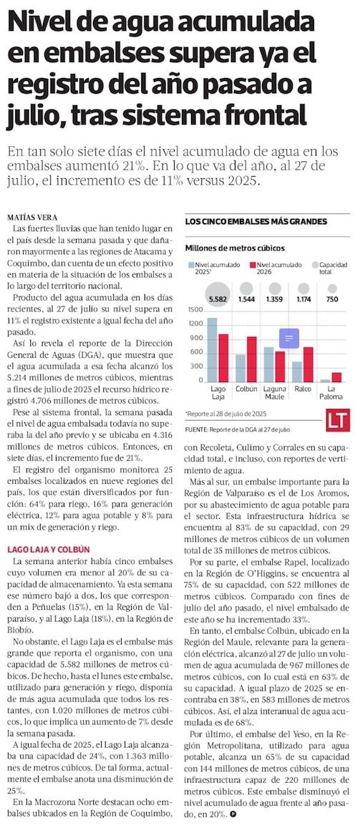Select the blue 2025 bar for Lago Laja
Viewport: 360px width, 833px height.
212,349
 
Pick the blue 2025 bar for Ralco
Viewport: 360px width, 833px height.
297,371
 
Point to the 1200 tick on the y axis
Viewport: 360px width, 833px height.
195,323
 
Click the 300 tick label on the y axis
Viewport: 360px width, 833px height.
196,366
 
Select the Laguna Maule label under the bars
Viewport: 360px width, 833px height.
275,392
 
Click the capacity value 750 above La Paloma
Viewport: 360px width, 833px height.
332,299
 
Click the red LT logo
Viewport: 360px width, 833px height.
338,419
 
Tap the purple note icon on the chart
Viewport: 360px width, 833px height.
289,338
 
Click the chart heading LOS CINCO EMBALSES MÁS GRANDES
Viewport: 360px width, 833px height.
256,221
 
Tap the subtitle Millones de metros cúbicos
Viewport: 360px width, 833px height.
234,248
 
